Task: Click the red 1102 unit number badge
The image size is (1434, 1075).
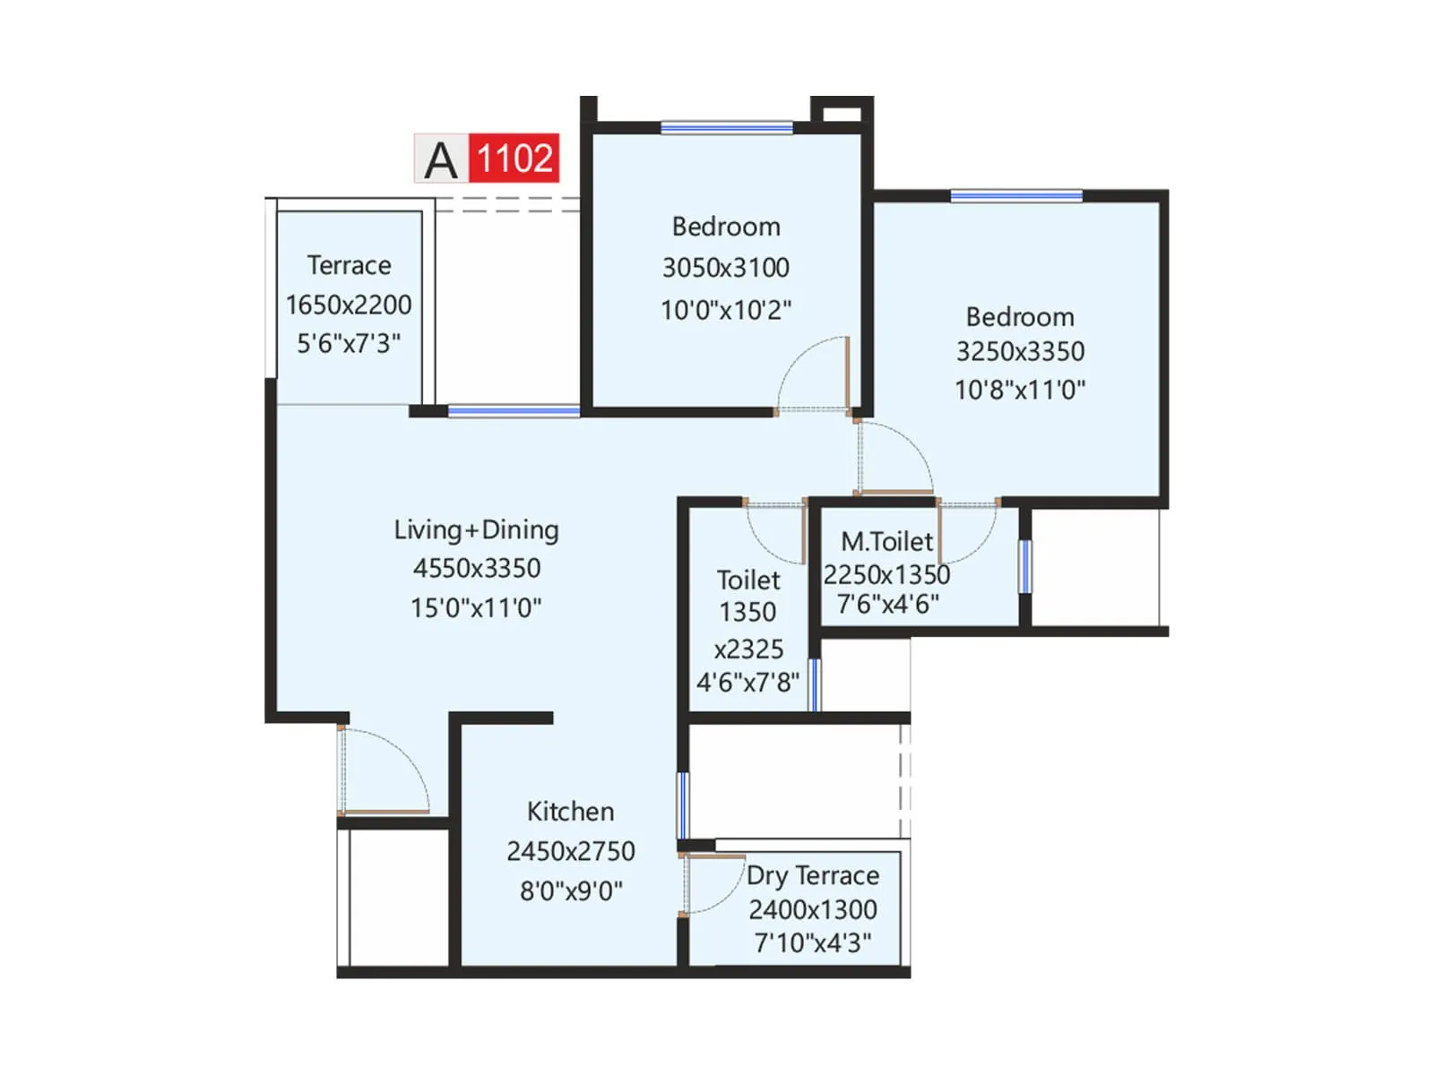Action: pyautogui.click(x=514, y=159)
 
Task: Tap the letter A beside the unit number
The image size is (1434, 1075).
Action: pyautogui.click(x=440, y=160)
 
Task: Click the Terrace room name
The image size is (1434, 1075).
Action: pyautogui.click(x=349, y=265)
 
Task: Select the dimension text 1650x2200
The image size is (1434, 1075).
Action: pyautogui.click(x=349, y=305)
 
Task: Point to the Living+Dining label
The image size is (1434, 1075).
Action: pyautogui.click(x=476, y=529)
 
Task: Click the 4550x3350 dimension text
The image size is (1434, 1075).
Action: pyautogui.click(x=476, y=568)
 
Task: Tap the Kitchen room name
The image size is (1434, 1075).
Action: pyautogui.click(x=570, y=812)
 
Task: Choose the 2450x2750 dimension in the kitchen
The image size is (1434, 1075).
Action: pyautogui.click(x=570, y=851)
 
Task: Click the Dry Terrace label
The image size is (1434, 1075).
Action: pyautogui.click(x=812, y=875)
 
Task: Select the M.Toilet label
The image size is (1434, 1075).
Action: pyautogui.click(x=886, y=542)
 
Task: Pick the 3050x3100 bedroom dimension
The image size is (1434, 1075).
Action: pyautogui.click(x=725, y=267)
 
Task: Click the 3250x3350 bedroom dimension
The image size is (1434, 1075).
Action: pyautogui.click(x=1020, y=351)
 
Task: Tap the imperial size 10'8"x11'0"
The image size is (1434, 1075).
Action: pyautogui.click(x=1020, y=390)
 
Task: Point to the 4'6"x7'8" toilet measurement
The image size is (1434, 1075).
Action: pyautogui.click(x=747, y=683)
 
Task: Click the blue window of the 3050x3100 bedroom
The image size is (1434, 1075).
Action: pyautogui.click(x=726, y=128)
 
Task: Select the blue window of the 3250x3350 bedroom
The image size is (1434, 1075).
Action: pyautogui.click(x=1015, y=196)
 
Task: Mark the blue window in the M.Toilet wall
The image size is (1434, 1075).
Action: pyautogui.click(x=1024, y=566)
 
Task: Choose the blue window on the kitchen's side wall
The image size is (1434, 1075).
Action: pyautogui.click(x=683, y=804)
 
